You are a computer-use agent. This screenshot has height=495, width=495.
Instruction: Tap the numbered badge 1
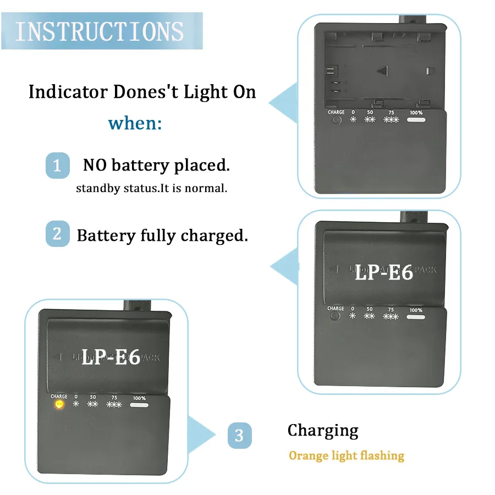point(57,165)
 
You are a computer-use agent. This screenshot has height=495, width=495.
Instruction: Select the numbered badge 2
point(57,234)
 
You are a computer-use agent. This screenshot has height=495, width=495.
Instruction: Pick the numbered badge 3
point(239,436)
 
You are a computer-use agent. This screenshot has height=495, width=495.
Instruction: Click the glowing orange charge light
point(58,405)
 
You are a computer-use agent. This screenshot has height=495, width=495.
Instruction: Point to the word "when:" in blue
point(135,123)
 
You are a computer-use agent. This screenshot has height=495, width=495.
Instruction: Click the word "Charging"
point(323,431)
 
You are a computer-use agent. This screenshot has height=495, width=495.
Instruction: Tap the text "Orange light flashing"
point(346,456)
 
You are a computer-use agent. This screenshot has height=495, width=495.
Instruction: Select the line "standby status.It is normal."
point(152,188)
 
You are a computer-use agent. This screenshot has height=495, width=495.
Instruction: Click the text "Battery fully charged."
point(162,235)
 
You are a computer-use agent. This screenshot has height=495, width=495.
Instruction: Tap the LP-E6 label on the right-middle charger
point(383,272)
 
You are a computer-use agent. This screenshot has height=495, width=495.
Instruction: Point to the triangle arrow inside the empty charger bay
point(383,70)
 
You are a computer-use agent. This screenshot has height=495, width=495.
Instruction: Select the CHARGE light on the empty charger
point(336,120)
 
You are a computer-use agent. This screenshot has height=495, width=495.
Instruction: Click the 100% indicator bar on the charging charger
point(139,405)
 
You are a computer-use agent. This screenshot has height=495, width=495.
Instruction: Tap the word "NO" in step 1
point(95,165)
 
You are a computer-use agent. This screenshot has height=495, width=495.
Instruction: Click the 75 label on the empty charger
point(391,112)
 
